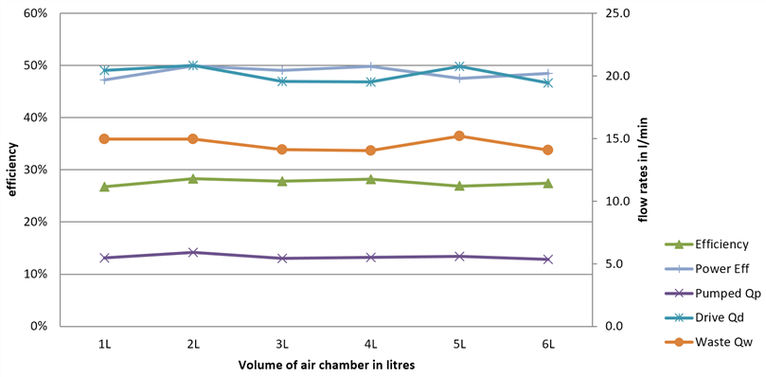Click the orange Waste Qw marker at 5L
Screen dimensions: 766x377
(x=458, y=136)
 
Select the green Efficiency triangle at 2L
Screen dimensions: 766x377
(x=193, y=178)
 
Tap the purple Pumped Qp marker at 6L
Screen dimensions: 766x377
(x=547, y=260)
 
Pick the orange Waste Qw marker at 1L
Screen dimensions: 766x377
(x=104, y=139)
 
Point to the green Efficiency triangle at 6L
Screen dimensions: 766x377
(x=547, y=183)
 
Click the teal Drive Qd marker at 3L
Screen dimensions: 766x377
(x=282, y=81)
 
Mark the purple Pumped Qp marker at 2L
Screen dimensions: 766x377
(x=193, y=252)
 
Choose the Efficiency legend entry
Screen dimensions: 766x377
(x=707, y=244)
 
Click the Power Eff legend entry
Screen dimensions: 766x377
(x=707, y=269)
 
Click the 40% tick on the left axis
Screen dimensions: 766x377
(x=37, y=117)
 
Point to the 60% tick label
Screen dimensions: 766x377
(x=37, y=13)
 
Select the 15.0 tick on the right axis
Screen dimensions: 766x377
(x=615, y=139)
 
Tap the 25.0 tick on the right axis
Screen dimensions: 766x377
(x=615, y=13)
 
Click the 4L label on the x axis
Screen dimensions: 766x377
(x=371, y=344)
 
